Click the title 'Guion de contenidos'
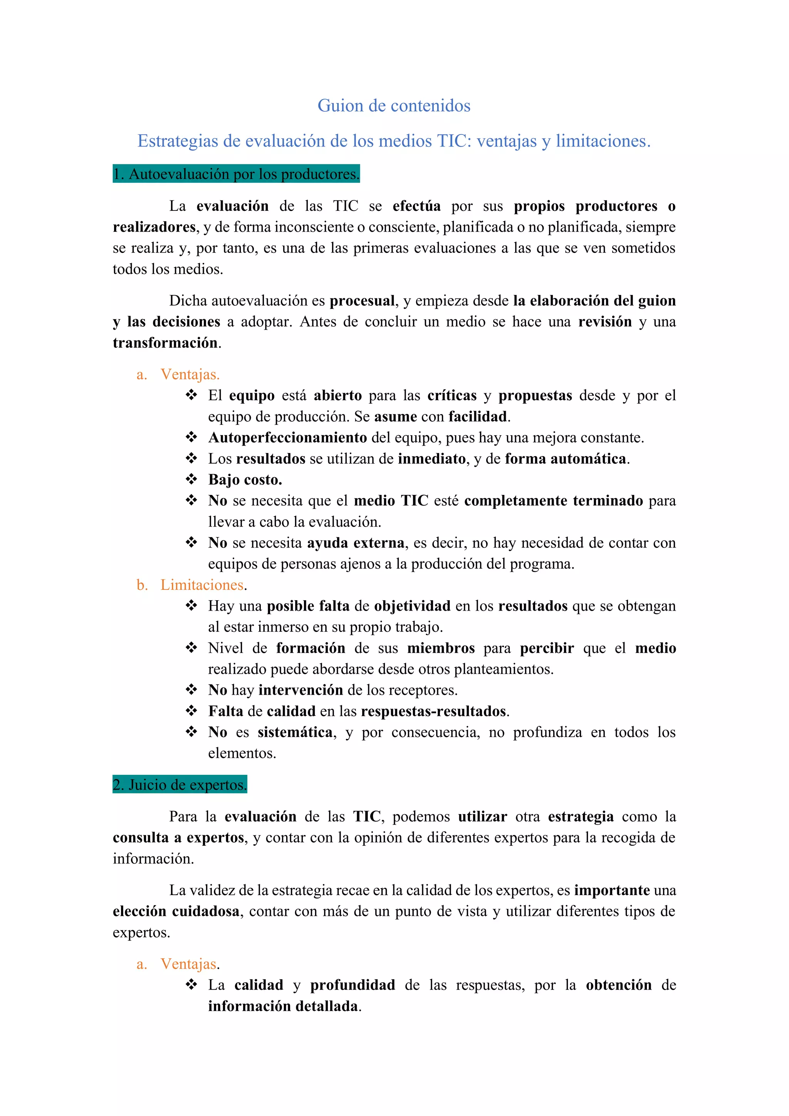pyautogui.click(x=394, y=106)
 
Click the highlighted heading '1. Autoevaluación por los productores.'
pyautogui.click(x=236, y=173)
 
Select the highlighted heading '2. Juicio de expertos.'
pyautogui.click(x=180, y=784)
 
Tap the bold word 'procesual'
pyautogui.click(x=362, y=301)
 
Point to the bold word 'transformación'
pyautogui.click(x=165, y=343)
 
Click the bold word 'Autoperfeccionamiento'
pyautogui.click(x=288, y=438)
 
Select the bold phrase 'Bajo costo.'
pyautogui.click(x=245, y=480)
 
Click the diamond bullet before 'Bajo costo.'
pyautogui.click(x=191, y=479)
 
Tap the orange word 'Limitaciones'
pyautogui.click(x=202, y=585)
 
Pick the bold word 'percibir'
pyautogui.click(x=547, y=648)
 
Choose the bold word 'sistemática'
pyautogui.click(x=295, y=732)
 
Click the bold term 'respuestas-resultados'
pyautogui.click(x=433, y=711)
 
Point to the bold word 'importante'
pyautogui.click(x=612, y=890)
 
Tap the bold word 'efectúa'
pyautogui.click(x=416, y=206)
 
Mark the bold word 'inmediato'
pyautogui.click(x=431, y=459)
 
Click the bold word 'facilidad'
pyautogui.click(x=478, y=417)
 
